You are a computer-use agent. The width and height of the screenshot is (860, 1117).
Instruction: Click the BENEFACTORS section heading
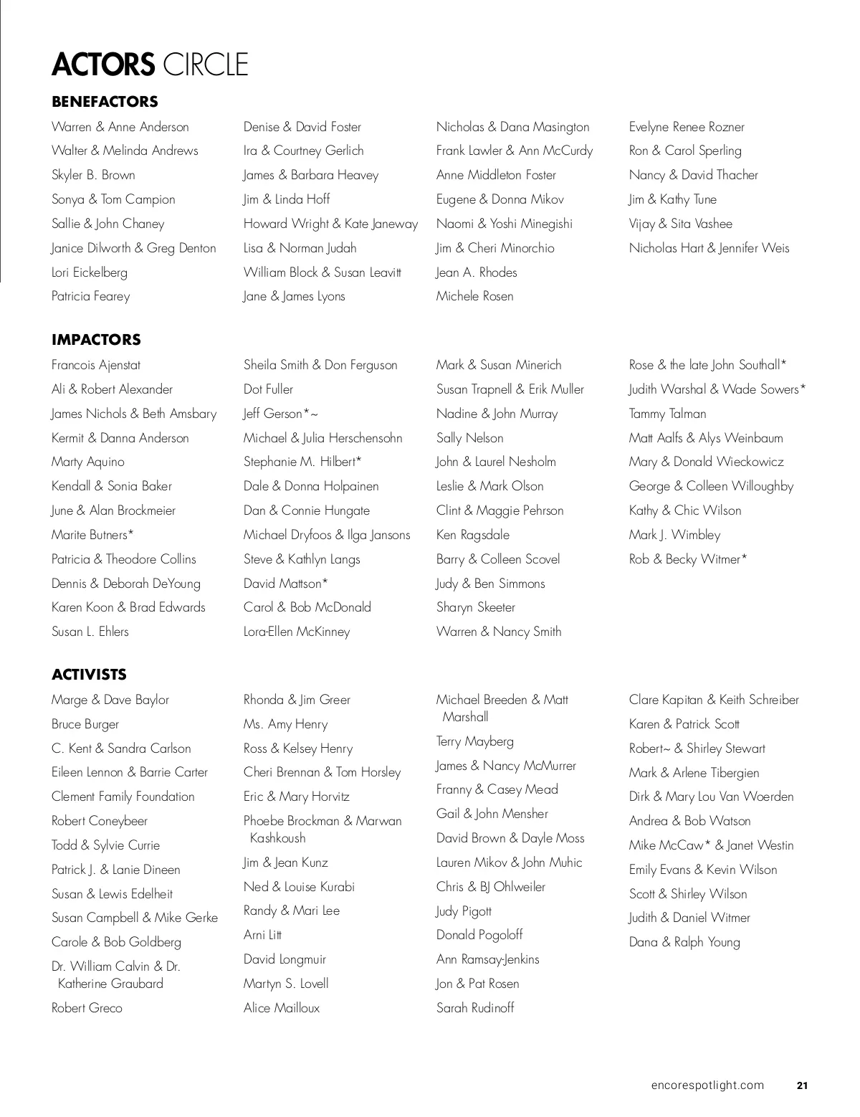[x=105, y=102]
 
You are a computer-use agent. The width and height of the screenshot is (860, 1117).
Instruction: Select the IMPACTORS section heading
[x=96, y=340]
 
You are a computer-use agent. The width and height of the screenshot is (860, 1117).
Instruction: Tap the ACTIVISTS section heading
[x=89, y=675]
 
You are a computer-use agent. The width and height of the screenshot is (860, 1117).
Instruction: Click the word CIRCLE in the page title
[x=206, y=65]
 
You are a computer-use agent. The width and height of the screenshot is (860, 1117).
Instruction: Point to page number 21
[x=802, y=1085]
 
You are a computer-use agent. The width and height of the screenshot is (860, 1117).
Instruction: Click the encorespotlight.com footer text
[x=707, y=1085]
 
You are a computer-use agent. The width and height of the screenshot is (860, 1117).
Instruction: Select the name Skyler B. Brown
[x=93, y=175]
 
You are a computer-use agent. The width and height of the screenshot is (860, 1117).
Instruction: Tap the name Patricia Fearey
[x=91, y=296]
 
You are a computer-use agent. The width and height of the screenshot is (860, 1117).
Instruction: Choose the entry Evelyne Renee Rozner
[x=687, y=127]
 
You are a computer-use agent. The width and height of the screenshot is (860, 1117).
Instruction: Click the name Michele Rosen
[x=474, y=296]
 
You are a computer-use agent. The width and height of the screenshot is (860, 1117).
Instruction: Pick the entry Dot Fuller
[x=268, y=389]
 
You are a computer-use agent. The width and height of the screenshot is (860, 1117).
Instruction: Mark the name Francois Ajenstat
[x=96, y=365]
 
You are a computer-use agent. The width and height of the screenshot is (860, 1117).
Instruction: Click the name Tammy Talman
[x=667, y=414]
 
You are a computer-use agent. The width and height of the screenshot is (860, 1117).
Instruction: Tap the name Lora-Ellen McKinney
[x=297, y=632]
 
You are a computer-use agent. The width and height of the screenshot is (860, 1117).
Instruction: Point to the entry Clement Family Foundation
[x=123, y=797]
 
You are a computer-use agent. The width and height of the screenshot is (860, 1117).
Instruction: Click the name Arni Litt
[x=262, y=935]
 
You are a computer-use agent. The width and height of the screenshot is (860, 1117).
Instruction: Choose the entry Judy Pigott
[x=464, y=911]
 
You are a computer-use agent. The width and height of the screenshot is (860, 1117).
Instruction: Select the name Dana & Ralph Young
[x=684, y=942]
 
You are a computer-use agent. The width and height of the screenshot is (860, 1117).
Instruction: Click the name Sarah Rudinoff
[x=475, y=1008]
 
